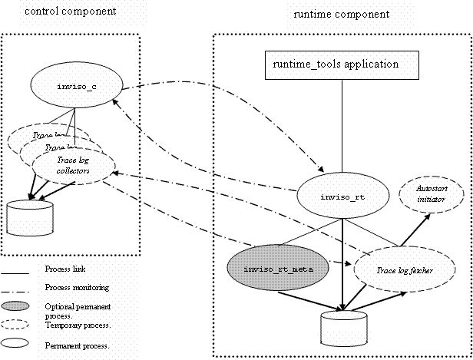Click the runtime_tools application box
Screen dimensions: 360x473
point(342,65)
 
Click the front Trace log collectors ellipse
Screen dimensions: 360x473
point(73,165)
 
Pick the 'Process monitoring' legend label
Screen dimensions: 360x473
point(76,287)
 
